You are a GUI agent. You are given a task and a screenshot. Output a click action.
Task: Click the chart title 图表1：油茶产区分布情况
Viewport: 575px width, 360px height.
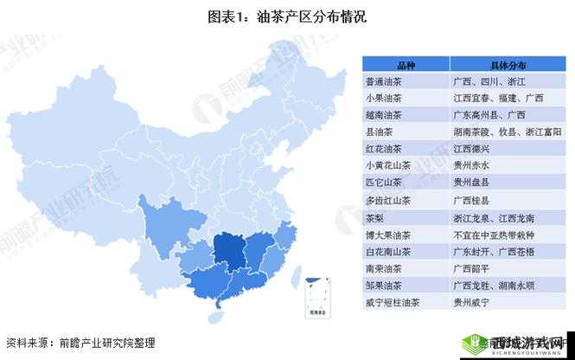coord(287,16)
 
